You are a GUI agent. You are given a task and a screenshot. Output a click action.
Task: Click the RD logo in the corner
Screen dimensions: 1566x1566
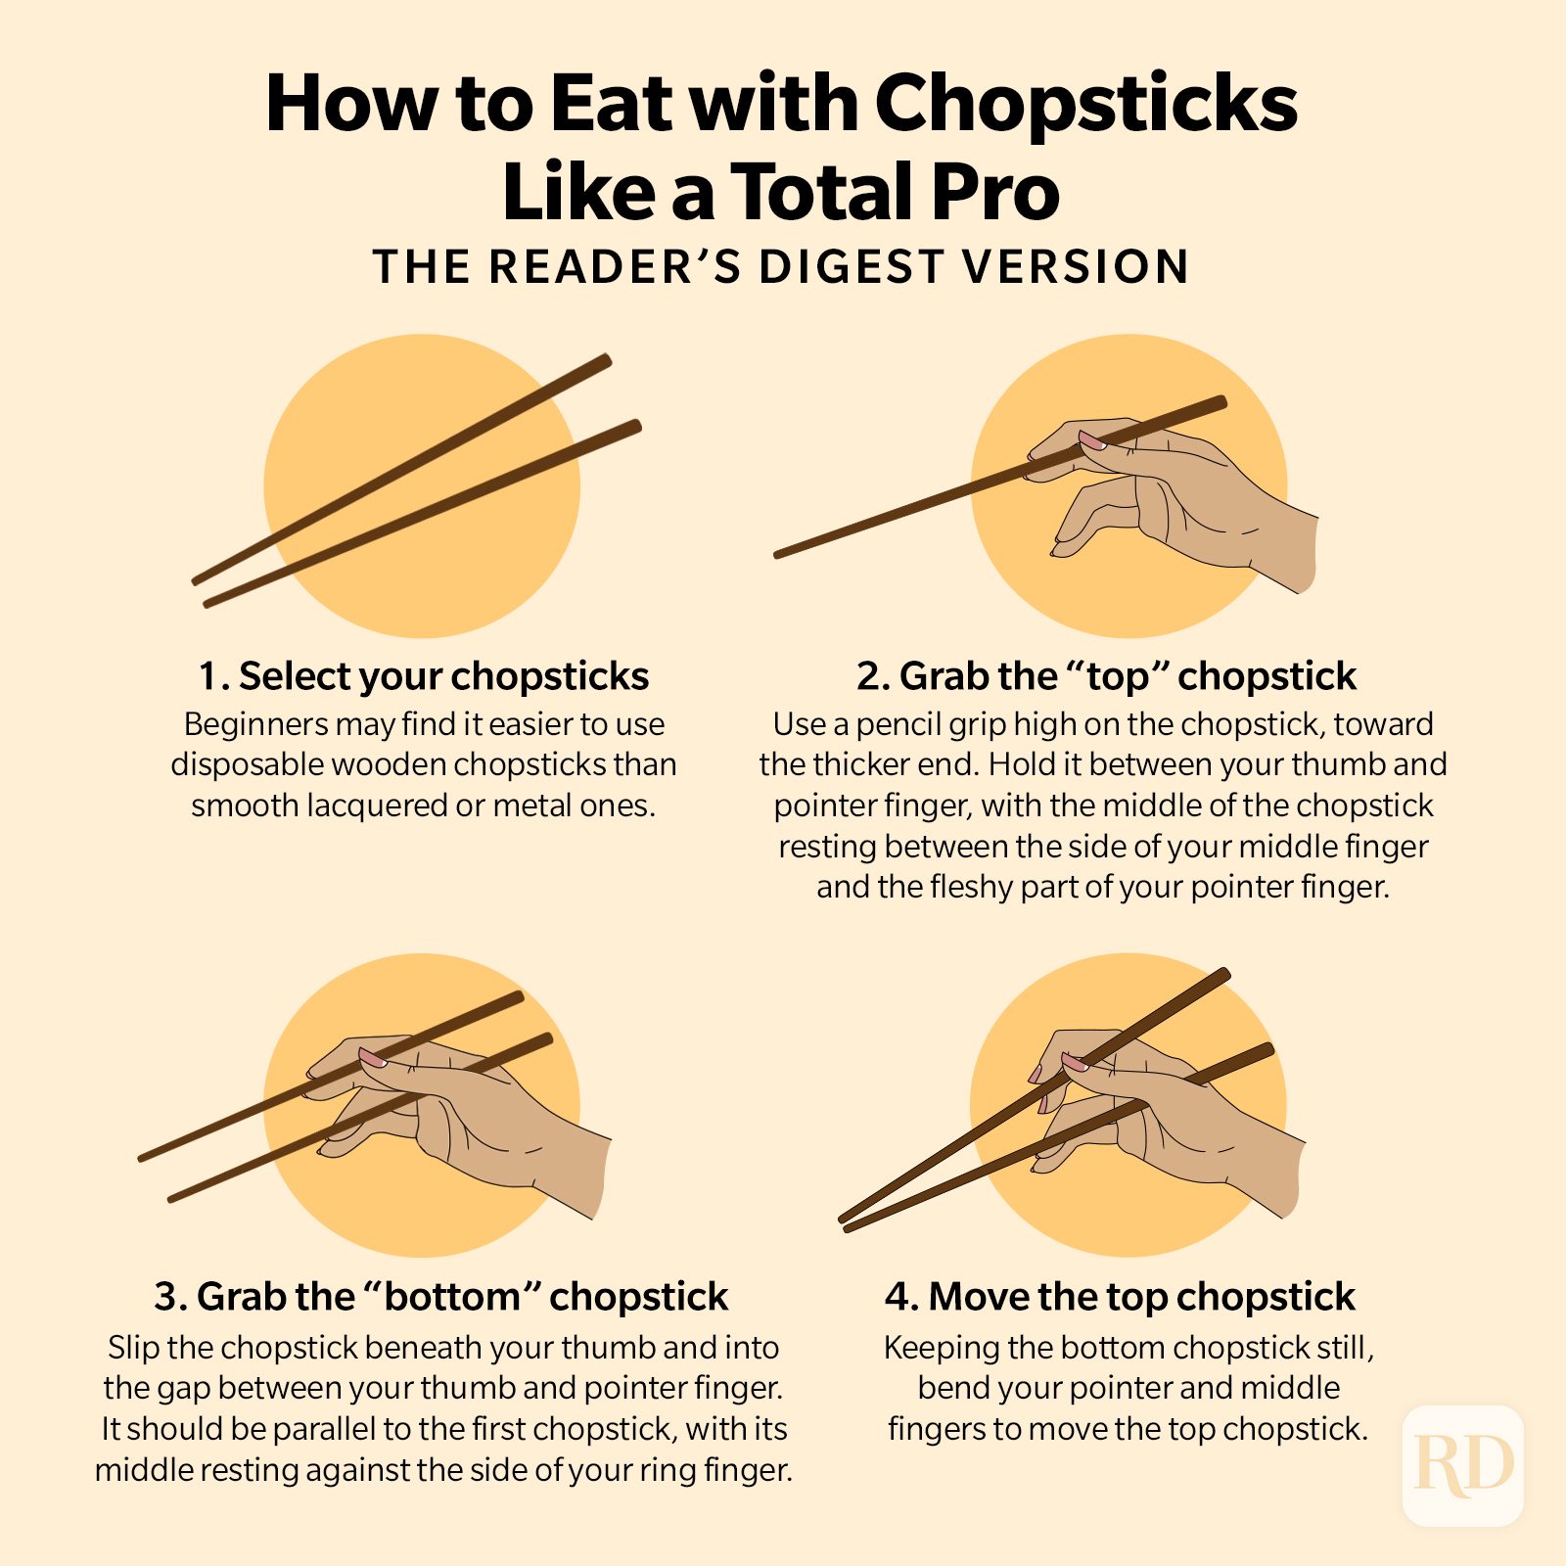[x=1463, y=1465]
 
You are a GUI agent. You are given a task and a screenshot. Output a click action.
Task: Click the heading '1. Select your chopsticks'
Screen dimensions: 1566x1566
[x=424, y=676]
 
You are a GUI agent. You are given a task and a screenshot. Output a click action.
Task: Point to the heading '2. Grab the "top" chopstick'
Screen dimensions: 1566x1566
[x=1106, y=676]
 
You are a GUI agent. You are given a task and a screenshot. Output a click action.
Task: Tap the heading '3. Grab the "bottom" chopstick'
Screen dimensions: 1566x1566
[x=440, y=1297]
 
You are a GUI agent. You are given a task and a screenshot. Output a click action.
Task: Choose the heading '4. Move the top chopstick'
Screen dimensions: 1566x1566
[x=1120, y=1297]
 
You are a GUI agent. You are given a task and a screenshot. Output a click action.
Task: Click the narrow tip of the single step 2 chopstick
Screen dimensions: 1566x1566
[x=779, y=554]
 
